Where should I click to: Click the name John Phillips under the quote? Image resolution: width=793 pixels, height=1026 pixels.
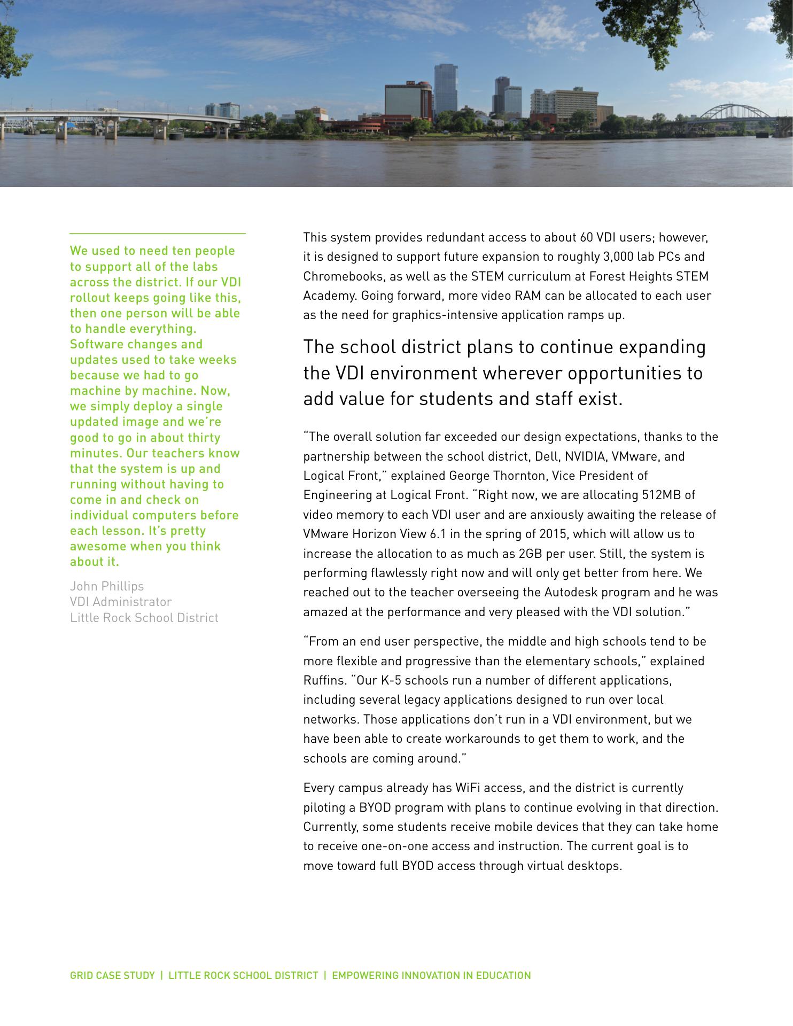coord(107,586)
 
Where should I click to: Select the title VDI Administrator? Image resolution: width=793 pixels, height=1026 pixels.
coord(121,602)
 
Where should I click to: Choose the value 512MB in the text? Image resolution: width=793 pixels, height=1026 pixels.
coord(661,495)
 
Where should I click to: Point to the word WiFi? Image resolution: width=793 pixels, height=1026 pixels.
coord(469,788)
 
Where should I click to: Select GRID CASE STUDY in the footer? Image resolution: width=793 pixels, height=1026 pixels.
coord(112,975)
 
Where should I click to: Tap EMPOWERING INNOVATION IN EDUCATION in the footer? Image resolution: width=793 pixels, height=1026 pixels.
coord(431,975)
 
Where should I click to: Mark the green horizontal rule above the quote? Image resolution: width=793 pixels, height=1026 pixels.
coord(158,234)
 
